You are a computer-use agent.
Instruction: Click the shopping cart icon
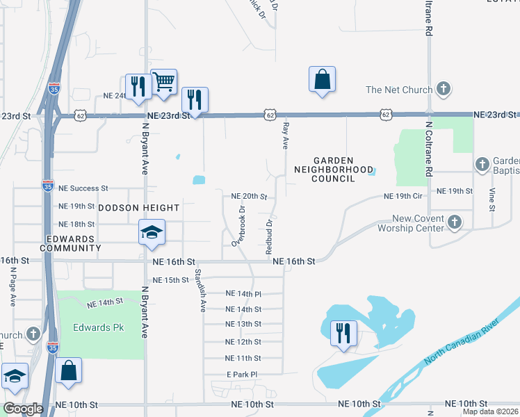point(163,82)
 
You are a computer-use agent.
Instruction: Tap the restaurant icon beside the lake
point(343,333)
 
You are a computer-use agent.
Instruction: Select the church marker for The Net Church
point(444,89)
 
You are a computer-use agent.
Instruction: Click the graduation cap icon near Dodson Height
point(151,233)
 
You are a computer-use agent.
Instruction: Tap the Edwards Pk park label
point(98,327)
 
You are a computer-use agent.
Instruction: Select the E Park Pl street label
point(242,374)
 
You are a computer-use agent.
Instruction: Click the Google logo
point(23,409)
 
